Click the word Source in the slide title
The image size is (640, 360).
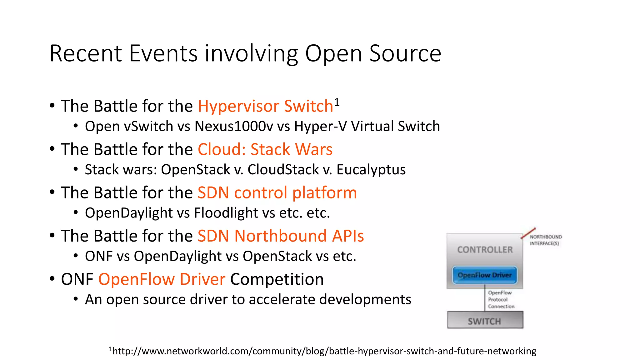405,53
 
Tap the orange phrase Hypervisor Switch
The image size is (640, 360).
265,106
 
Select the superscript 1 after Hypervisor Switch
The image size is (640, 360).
337,102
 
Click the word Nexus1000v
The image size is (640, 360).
234,127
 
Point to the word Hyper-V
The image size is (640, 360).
320,127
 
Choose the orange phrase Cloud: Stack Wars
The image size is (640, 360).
265,149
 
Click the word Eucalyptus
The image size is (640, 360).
371,170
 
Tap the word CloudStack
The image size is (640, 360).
283,170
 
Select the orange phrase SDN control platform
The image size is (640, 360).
277,192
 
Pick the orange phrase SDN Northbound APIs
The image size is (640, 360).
281,236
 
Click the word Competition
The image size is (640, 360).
277,279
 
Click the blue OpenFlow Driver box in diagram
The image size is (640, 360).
485,275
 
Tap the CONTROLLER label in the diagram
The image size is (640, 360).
485,250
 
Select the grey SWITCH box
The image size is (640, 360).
485,320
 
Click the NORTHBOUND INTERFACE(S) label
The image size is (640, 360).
545,240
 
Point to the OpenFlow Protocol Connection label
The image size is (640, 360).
501,299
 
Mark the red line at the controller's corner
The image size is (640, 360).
528,233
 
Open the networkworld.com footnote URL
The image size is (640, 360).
324,351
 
